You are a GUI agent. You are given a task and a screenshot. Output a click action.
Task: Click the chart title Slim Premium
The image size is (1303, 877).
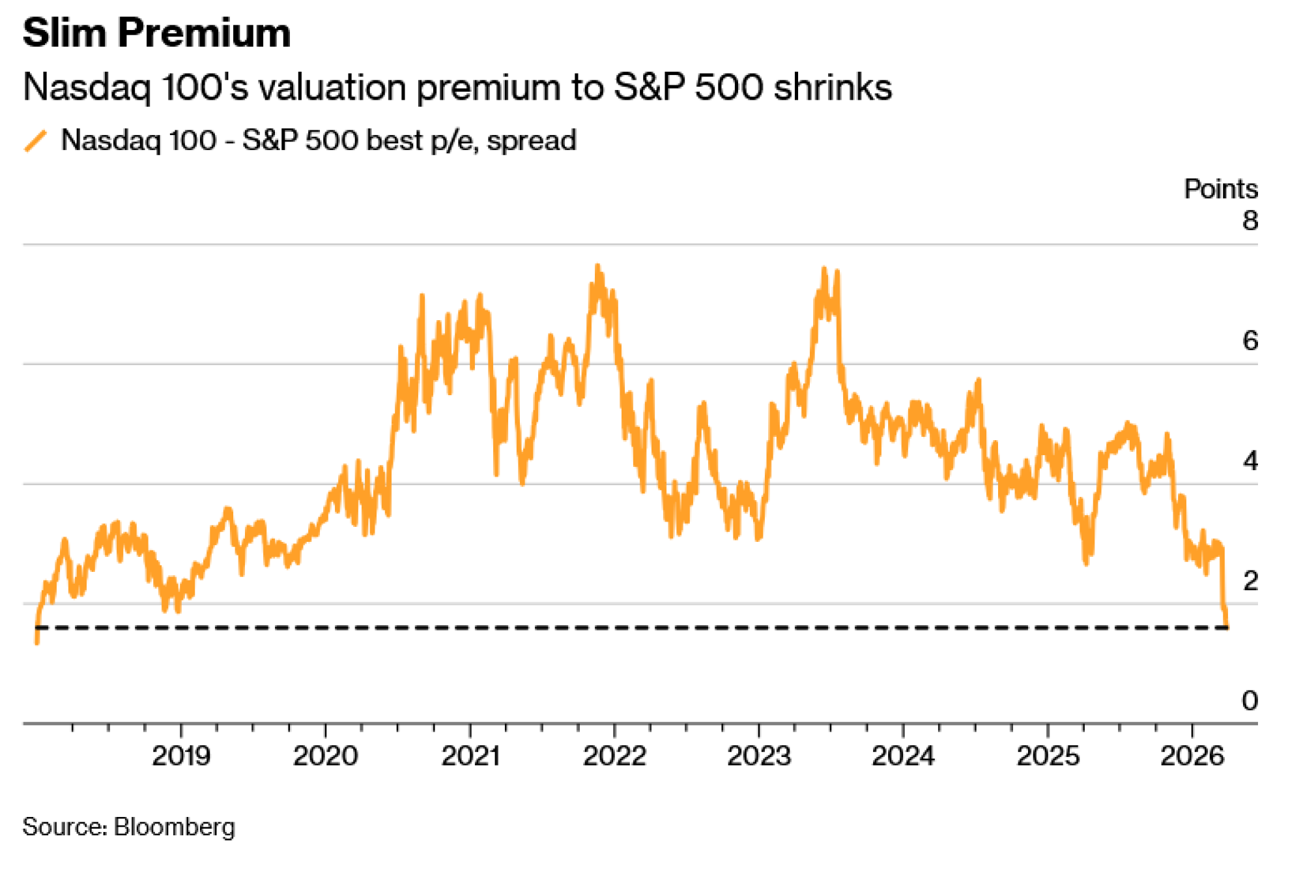[156, 33]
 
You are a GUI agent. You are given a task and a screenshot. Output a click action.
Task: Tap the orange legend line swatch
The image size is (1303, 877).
[36, 141]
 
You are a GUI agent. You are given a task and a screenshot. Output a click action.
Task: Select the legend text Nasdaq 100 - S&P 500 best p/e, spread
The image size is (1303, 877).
[319, 141]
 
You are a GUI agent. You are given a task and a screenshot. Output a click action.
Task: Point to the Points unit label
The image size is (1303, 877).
[1220, 189]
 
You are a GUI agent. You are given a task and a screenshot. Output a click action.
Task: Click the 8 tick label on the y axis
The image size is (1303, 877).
[1250, 221]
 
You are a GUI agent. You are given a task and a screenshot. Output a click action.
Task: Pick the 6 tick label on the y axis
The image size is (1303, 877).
[1250, 341]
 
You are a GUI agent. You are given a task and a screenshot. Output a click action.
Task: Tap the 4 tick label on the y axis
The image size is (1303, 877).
[1250, 461]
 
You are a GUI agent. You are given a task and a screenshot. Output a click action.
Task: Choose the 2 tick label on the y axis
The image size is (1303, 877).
[1250, 581]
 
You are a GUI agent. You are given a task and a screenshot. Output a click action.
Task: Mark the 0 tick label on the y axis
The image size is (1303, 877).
[1250, 701]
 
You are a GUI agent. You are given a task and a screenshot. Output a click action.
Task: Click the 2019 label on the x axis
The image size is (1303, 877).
[181, 756]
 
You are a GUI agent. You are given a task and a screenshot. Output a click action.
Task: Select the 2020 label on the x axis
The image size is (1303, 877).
[325, 756]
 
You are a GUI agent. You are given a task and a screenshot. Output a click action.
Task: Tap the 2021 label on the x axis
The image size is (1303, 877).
[470, 756]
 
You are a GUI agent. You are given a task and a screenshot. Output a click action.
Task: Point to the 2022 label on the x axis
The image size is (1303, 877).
[614, 756]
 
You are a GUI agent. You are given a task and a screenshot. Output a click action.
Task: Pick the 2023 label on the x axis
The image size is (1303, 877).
[759, 756]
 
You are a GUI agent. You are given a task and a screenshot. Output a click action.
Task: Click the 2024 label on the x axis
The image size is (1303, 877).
[903, 756]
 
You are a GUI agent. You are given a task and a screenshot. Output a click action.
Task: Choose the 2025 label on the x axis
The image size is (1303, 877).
[1048, 756]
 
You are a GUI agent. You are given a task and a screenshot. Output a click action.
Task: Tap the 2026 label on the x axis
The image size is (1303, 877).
[1192, 756]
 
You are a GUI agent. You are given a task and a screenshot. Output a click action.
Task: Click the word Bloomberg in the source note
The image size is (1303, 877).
[174, 827]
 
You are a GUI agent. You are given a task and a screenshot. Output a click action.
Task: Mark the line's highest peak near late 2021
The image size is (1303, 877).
[597, 266]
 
